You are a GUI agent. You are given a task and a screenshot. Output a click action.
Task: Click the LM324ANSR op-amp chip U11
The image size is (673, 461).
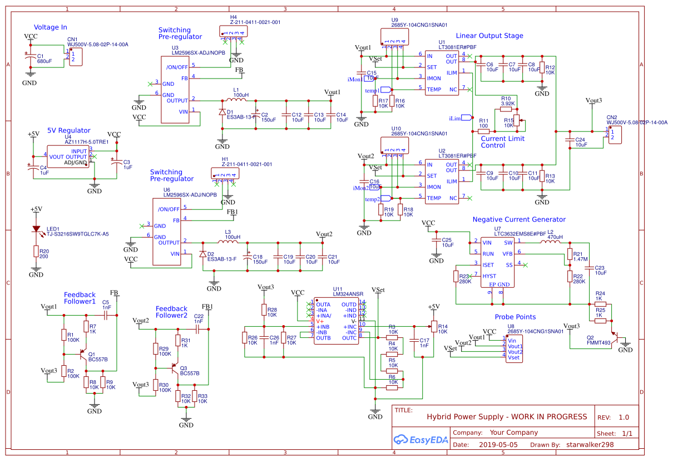335,321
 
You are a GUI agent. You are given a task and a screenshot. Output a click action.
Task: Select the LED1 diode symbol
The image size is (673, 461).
36,229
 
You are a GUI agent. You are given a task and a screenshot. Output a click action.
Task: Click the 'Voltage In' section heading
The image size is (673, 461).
51,27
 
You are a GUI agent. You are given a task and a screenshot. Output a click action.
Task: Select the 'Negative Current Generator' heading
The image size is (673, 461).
518,219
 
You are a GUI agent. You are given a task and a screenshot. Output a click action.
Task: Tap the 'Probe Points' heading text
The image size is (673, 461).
514,317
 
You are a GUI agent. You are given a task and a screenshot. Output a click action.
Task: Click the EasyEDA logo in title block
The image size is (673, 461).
419,439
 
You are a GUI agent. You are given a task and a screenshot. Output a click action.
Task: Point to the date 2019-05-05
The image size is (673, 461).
498,445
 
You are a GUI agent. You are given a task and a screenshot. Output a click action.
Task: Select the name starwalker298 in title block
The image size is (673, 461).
590,445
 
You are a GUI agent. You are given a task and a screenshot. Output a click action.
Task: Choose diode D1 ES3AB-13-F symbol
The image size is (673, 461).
222,111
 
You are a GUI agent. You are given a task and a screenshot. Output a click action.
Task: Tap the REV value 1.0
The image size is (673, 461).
623,417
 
